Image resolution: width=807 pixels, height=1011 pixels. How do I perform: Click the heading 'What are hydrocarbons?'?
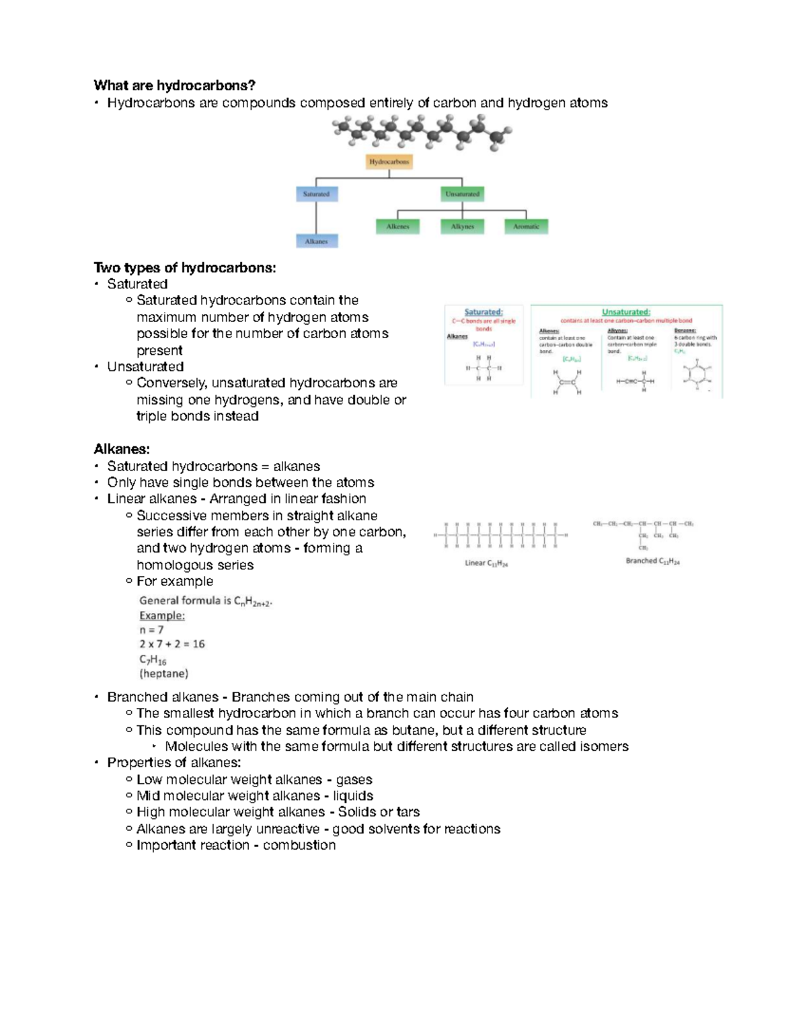[174, 85]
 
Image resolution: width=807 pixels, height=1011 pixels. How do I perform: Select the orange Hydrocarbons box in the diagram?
[389, 162]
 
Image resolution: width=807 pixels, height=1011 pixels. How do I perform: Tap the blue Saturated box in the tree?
[316, 194]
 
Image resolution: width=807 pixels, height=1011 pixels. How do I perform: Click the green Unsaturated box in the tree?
[462, 194]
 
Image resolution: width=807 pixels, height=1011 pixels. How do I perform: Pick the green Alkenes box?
[397, 227]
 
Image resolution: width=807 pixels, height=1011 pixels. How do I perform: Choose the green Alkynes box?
[462, 227]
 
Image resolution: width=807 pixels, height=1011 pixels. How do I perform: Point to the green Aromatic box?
[526, 227]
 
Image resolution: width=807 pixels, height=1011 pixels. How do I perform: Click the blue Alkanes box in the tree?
[316, 241]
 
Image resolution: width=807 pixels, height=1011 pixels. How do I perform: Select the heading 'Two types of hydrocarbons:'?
[185, 268]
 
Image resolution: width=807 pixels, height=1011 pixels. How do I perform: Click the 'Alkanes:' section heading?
[122, 449]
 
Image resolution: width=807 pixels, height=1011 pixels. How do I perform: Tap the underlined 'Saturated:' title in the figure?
[484, 312]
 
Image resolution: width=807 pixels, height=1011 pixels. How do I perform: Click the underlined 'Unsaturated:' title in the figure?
[626, 312]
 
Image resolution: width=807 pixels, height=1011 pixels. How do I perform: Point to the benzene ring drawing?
[697, 374]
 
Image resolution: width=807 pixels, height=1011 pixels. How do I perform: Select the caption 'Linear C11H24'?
[486, 563]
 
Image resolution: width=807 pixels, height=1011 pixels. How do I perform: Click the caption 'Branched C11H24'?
[652, 561]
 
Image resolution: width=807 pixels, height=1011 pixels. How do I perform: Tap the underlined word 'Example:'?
[162, 616]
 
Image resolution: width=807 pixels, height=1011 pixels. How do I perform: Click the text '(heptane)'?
[163, 674]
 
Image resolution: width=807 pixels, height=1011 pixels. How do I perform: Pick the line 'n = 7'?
[151, 630]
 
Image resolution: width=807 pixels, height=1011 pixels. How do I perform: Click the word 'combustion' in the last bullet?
[299, 845]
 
